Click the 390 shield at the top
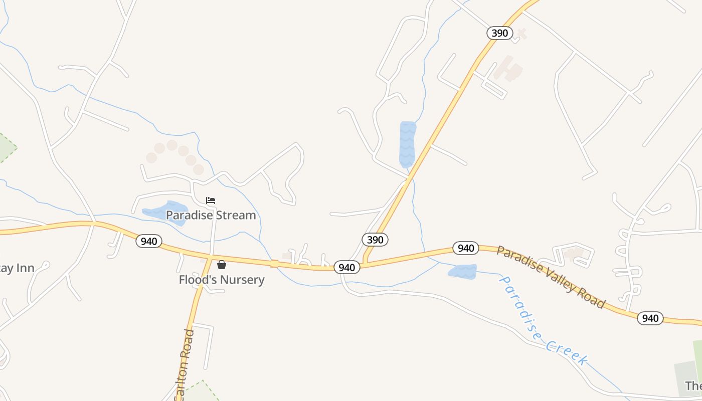500,34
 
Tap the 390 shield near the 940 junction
375,240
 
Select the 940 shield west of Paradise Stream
149,242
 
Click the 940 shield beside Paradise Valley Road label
466,248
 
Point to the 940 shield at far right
650,318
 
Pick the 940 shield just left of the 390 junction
346,268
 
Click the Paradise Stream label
211,215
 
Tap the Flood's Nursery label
222,279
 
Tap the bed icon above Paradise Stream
211,200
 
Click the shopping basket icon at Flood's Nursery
222,264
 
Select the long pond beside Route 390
407,144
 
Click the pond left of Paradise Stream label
166,212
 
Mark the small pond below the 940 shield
462,272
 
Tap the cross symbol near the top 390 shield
521,34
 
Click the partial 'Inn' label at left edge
18,268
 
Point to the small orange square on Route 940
274,264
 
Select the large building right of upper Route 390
508,70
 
